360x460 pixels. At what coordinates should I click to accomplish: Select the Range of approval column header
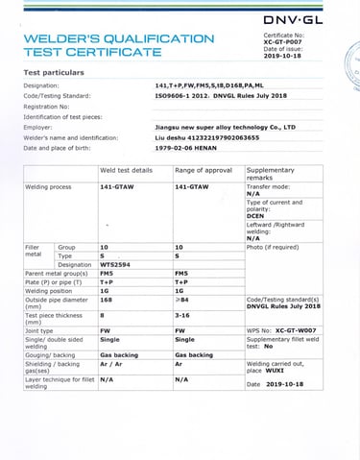click(x=204, y=169)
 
